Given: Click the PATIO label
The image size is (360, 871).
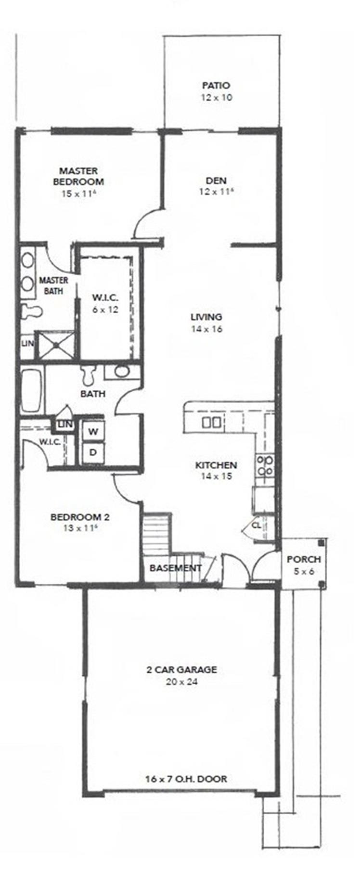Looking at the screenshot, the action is (x=216, y=86).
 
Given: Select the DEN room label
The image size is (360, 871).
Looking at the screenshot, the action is (x=216, y=181).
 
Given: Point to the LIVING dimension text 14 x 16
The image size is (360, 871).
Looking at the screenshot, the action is (x=206, y=329).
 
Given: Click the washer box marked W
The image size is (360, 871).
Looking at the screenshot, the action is (x=93, y=431).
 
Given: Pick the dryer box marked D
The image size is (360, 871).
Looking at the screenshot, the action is (x=93, y=452).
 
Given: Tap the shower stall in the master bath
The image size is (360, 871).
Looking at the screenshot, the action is (x=56, y=345).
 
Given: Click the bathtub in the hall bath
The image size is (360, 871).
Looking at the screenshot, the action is (x=32, y=390).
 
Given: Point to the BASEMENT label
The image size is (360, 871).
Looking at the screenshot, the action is (x=175, y=568).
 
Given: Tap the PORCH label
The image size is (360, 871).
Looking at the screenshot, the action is (x=304, y=560).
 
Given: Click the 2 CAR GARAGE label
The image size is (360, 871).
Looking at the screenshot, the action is (x=181, y=669).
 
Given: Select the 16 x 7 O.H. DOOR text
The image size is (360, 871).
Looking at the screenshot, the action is (x=186, y=779).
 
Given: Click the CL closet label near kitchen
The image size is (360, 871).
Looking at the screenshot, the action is (x=257, y=525).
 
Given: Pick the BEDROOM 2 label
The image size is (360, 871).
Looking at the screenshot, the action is (x=80, y=517).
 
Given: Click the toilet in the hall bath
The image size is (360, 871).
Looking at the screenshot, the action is (x=88, y=373).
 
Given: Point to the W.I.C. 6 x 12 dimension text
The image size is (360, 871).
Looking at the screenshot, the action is (x=105, y=309).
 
